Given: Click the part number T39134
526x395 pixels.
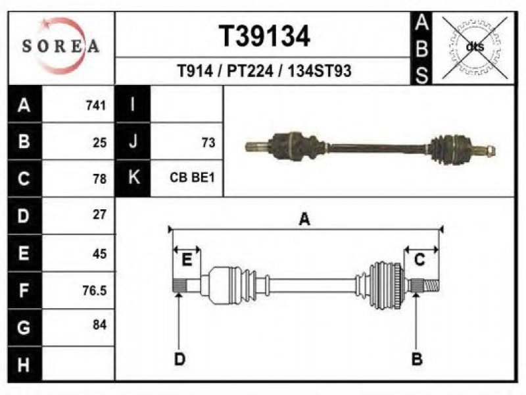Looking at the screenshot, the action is pyautogui.click(x=264, y=36).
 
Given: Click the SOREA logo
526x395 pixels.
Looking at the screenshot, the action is pyautogui.click(x=60, y=45).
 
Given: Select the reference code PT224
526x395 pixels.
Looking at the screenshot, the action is pyautogui.click(x=251, y=71).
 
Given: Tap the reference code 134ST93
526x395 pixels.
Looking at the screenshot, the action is pyautogui.click(x=320, y=71).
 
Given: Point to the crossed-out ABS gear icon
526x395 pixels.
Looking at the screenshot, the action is pyautogui.click(x=475, y=47).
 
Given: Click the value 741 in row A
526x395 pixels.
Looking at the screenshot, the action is pyautogui.click(x=96, y=105).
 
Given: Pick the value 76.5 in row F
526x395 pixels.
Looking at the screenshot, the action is pyautogui.click(x=95, y=290).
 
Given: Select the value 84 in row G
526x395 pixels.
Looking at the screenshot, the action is pyautogui.click(x=100, y=325).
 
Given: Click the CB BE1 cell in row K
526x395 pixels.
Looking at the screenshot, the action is pyautogui.click(x=192, y=177).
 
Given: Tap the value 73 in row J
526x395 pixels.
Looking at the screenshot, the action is pyautogui.click(x=208, y=143).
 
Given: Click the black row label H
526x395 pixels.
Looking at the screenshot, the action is pyautogui.click(x=24, y=364).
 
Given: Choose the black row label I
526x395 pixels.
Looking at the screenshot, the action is pyautogui.click(x=133, y=104).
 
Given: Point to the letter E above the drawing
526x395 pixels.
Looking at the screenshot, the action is pyautogui.click(x=187, y=259).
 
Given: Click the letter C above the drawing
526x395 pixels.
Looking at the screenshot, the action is pyautogui.click(x=419, y=259).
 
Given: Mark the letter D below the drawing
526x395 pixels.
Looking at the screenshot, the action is pyautogui.click(x=179, y=359).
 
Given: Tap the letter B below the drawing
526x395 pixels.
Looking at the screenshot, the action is pyautogui.click(x=417, y=359).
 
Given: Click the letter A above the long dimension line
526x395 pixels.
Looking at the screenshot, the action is pyautogui.click(x=304, y=219).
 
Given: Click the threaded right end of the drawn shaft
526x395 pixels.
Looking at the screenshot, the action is pyautogui.click(x=431, y=286).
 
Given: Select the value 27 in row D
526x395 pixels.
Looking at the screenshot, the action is pyautogui.click(x=100, y=215).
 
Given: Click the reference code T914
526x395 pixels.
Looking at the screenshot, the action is pyautogui.click(x=195, y=71).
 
